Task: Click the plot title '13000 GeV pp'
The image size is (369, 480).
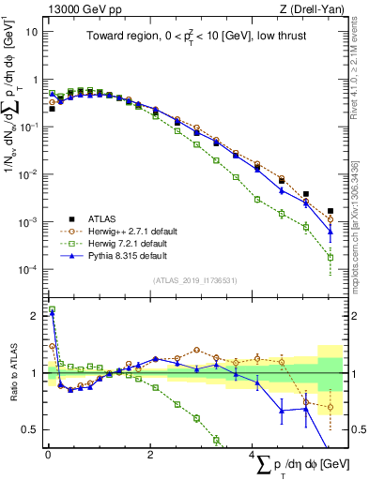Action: pos(83,8)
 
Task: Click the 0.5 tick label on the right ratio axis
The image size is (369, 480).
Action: pos(358,430)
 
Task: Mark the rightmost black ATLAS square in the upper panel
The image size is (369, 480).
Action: pos(331,211)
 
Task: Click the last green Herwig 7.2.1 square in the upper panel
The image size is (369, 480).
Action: pos(331,257)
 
